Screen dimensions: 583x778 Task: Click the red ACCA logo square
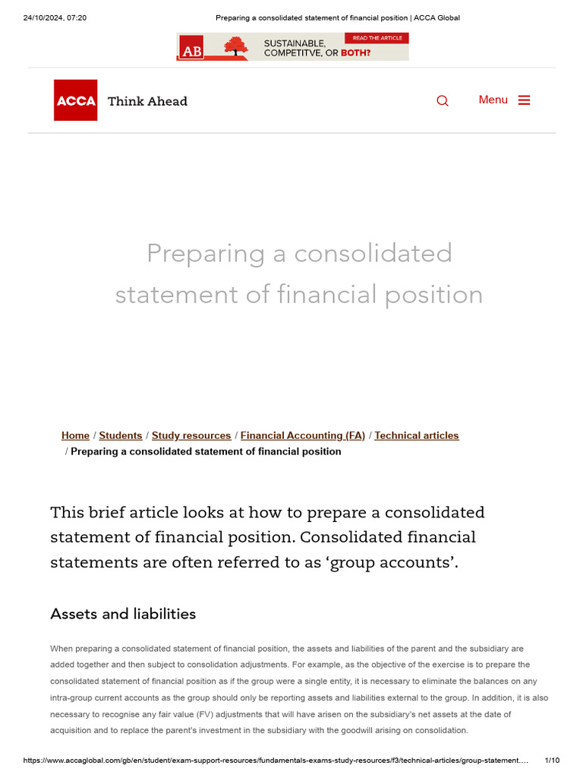[x=75, y=100]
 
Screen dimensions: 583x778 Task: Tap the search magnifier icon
[x=443, y=101]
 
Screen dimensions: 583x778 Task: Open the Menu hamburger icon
[x=524, y=100]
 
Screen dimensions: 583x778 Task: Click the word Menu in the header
[x=493, y=100]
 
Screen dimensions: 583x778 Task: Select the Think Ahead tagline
[x=147, y=101]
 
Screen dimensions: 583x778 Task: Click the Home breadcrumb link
[x=75, y=435]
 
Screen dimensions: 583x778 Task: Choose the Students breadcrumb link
[x=121, y=435]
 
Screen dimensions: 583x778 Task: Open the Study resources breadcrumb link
[x=191, y=435]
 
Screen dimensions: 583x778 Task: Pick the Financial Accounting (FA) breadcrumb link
[x=303, y=435]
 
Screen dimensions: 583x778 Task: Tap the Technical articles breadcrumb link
[x=417, y=435]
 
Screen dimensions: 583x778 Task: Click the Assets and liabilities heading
[x=123, y=614]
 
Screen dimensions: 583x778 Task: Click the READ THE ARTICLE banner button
[x=377, y=38]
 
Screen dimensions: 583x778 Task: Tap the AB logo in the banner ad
[x=191, y=49]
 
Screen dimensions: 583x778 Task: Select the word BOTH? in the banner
[x=355, y=53]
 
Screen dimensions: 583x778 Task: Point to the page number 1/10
[x=553, y=761]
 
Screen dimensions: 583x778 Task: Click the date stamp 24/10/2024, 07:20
[x=55, y=17]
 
